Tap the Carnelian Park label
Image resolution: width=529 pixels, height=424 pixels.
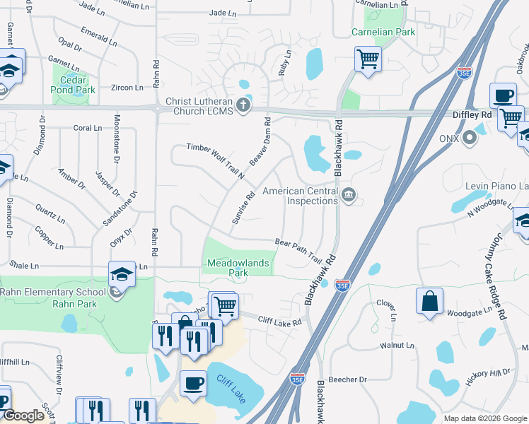click(383, 32)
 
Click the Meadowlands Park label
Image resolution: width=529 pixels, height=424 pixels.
click(238, 268)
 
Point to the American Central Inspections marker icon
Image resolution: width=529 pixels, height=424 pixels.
click(348, 195)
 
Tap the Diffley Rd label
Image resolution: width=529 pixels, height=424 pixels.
click(472, 114)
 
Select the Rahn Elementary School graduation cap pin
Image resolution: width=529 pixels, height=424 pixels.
click(122, 276)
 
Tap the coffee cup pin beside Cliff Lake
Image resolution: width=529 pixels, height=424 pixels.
click(193, 384)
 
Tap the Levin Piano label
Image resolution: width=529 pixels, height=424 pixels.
click(496, 186)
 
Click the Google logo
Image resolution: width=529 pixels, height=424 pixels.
click(23, 416)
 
